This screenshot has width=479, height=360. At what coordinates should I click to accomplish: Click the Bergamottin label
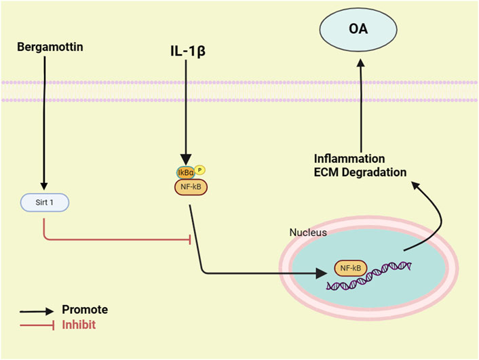(50, 47)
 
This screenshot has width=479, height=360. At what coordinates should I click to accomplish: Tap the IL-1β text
(188, 51)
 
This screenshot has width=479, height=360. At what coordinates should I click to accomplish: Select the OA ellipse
(358, 29)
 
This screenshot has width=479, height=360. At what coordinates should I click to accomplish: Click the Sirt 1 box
(45, 203)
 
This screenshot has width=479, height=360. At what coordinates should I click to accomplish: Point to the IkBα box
(186, 173)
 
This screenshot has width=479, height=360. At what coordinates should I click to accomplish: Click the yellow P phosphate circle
(199, 169)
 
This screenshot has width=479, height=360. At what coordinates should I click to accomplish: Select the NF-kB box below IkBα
(191, 187)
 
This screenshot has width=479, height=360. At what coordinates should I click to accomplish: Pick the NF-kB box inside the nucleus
(351, 268)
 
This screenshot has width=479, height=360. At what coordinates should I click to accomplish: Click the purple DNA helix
(369, 275)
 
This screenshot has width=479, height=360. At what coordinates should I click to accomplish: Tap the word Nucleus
(308, 233)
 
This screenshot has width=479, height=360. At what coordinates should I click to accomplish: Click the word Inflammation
(349, 159)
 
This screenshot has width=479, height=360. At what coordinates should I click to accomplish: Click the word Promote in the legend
(85, 310)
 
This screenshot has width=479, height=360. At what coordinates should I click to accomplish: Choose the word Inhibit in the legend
(79, 325)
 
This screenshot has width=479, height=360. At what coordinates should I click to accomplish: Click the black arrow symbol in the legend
(37, 311)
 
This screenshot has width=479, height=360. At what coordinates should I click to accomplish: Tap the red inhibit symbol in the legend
(37, 325)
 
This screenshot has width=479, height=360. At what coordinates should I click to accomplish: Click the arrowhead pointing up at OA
(361, 62)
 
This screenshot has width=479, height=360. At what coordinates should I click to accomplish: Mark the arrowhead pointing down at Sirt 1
(44, 186)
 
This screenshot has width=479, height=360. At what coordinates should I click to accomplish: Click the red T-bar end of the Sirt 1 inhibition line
(191, 240)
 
